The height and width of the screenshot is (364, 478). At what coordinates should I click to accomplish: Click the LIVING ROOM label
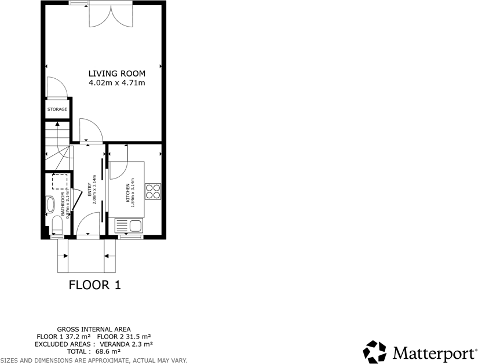[x=116, y=74]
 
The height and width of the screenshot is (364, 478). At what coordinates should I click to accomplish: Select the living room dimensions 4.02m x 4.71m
[x=116, y=83]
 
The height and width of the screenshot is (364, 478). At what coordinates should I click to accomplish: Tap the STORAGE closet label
[x=57, y=109]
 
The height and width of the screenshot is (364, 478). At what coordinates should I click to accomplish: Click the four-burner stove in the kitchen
[x=153, y=191]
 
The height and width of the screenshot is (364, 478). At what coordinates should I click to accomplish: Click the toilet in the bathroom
[x=56, y=224]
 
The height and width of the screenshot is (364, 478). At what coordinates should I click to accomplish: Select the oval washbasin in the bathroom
[x=49, y=205]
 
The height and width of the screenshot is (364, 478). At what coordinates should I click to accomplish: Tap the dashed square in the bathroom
[x=60, y=181]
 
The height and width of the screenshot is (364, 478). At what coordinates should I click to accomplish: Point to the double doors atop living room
[x=110, y=15]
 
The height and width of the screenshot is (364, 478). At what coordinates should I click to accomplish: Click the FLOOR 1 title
[x=94, y=285]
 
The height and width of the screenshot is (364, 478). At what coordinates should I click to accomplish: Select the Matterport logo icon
[x=374, y=352]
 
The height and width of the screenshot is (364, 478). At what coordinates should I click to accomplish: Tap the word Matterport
[x=433, y=352]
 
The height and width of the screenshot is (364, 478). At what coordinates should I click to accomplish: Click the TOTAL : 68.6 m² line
[x=93, y=351]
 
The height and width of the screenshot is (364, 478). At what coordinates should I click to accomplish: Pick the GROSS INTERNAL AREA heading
[x=93, y=329]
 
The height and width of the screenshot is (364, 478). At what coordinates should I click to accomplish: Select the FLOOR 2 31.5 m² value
[x=124, y=336]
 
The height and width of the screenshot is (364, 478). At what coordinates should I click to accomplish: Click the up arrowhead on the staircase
[x=57, y=123]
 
